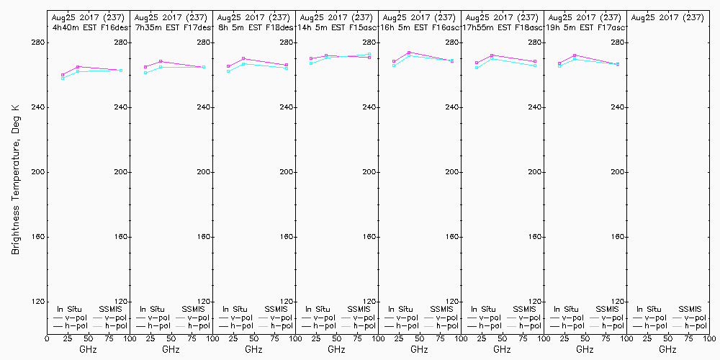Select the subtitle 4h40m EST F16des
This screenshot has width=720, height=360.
click(89, 27)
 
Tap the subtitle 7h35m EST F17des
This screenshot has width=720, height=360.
click(171, 27)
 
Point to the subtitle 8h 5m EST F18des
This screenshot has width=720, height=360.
click(254, 27)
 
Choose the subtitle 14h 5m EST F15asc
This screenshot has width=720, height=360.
click(337, 27)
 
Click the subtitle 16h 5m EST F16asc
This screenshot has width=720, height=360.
click(420, 27)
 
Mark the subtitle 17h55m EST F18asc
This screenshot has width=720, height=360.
click(502, 27)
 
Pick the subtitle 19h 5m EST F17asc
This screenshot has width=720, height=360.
click(585, 27)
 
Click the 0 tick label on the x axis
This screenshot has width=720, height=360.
click(47, 338)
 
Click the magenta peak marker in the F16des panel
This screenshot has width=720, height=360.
click(78, 67)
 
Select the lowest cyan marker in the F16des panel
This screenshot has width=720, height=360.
click(63, 78)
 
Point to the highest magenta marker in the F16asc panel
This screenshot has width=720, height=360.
click(409, 53)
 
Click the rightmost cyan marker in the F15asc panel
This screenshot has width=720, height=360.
click(369, 54)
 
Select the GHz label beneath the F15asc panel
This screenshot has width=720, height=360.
click(336, 349)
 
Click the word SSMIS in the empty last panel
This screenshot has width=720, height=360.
click(690, 310)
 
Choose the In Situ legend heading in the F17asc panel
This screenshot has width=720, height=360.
click(568, 310)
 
